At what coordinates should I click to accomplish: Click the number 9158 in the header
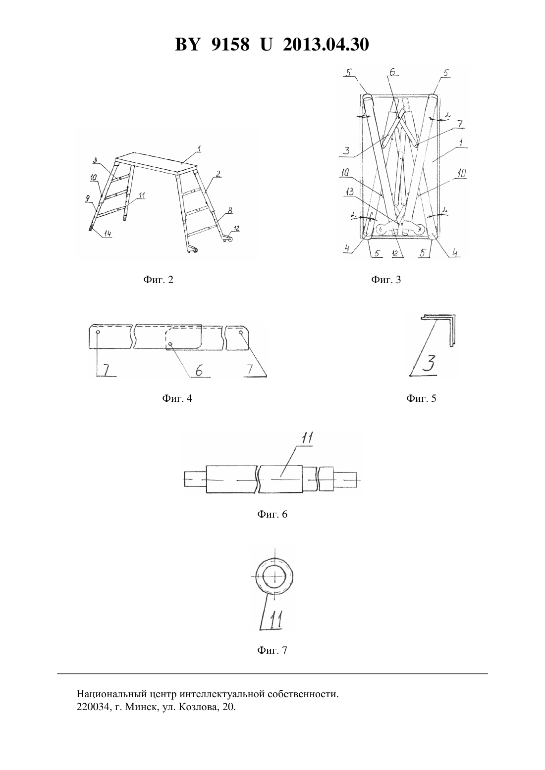click(x=230, y=45)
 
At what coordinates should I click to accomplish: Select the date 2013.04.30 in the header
click(x=326, y=45)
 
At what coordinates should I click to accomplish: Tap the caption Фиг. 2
click(x=158, y=280)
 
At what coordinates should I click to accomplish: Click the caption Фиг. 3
click(x=386, y=280)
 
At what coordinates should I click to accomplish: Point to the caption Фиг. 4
click(x=177, y=398)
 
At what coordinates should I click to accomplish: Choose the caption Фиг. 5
click(x=421, y=398)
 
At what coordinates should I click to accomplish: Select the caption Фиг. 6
click(x=272, y=514)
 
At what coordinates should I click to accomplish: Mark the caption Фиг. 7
click(x=272, y=650)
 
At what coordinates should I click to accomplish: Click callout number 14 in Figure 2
click(x=108, y=234)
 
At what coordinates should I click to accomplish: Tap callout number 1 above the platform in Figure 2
click(x=199, y=149)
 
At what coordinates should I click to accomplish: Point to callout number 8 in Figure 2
click(x=230, y=210)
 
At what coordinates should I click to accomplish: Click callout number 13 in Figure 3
click(x=350, y=192)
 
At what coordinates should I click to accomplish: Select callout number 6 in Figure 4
click(x=199, y=370)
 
